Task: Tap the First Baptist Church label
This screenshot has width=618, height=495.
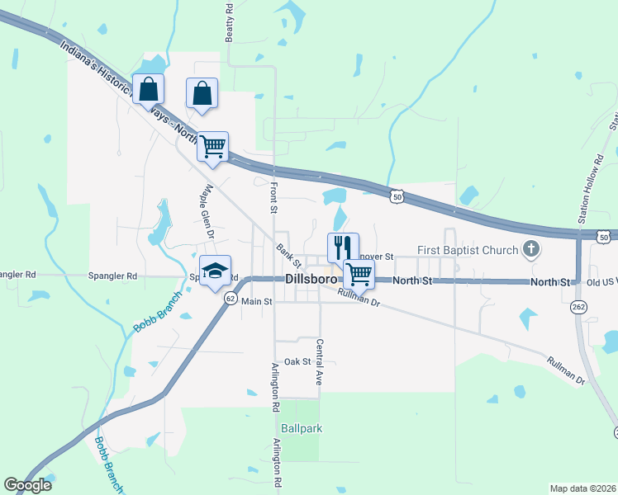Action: coord(467,249)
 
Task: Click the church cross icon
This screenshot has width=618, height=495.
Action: coord(533,248)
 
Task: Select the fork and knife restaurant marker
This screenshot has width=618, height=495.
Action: coord(343,247)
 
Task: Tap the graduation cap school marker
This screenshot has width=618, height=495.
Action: coord(214,271)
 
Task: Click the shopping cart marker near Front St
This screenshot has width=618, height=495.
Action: coord(212,147)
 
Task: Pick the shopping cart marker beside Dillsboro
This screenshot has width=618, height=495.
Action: coord(359,273)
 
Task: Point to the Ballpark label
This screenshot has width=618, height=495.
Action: coord(301,428)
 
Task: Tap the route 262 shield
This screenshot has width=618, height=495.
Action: coord(577,307)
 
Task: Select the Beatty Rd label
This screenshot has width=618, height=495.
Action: coord(230,21)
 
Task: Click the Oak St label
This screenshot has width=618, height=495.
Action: coord(297,361)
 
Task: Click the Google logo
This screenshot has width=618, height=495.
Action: coord(27,485)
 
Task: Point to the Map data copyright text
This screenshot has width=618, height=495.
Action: coord(582,488)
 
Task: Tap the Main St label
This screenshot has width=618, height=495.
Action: coord(257,302)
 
